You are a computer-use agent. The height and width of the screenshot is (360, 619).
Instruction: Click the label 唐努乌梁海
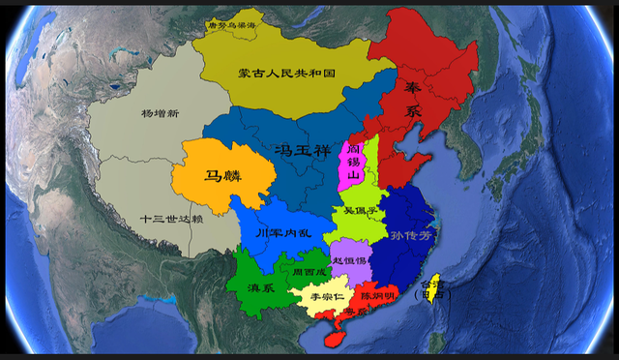(235, 27)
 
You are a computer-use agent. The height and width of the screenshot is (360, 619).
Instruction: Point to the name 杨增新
(160, 113)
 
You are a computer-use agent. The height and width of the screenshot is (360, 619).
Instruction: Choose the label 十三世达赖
(171, 219)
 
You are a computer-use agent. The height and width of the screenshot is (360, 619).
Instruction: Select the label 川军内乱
(281, 233)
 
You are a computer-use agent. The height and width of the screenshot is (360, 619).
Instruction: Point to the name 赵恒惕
(349, 260)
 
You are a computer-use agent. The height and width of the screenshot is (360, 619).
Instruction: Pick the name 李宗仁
(319, 298)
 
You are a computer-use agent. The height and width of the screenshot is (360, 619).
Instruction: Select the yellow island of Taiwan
(434, 285)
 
